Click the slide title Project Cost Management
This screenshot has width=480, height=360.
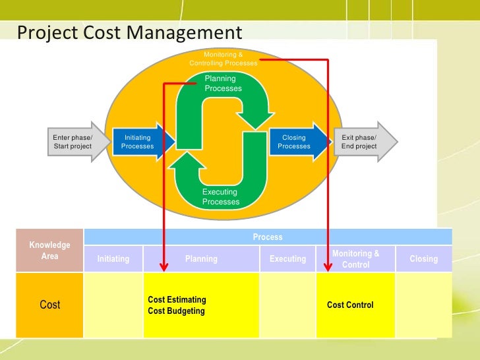click(x=130, y=32)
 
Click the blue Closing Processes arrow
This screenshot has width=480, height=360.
click(x=297, y=142)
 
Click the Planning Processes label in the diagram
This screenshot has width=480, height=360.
click(x=223, y=84)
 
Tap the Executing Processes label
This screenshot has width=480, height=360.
click(x=221, y=196)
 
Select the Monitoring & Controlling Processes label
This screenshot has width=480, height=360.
click(x=223, y=58)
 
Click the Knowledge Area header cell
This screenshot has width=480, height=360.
click(x=50, y=251)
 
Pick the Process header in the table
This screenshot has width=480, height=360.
click(x=268, y=237)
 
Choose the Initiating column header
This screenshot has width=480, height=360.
click(x=113, y=259)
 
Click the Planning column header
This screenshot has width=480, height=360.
click(x=202, y=259)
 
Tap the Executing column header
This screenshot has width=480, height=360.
click(x=288, y=259)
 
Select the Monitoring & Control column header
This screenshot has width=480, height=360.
click(x=356, y=258)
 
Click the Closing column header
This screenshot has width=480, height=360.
click(x=424, y=259)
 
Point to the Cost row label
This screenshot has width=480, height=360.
click(x=50, y=305)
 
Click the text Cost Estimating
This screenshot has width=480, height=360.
click(x=177, y=300)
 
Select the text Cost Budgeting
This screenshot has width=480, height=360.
click(x=176, y=311)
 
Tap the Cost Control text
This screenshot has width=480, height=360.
click(x=350, y=305)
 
